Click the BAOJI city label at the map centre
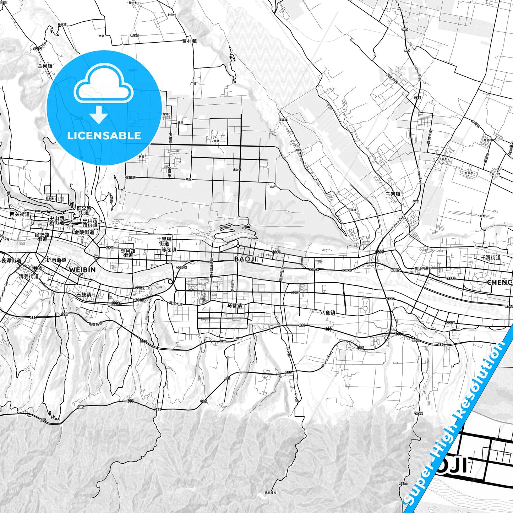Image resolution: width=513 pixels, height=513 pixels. (245, 259)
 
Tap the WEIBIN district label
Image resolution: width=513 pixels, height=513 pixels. (82, 270)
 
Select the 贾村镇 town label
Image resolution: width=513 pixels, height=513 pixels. (189, 41)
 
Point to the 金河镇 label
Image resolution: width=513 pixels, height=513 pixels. (45, 66)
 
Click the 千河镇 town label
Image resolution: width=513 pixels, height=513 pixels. (393, 194)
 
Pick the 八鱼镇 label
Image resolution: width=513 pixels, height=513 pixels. (328, 312)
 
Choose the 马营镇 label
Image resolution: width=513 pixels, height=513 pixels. (235, 305)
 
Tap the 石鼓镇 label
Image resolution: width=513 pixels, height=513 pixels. (84, 295)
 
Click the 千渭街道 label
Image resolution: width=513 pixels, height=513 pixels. (491, 257)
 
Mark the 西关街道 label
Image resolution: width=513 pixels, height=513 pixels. (20, 214)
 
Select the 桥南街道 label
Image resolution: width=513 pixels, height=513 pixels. (56, 260)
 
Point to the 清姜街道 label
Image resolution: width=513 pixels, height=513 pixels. (29, 276)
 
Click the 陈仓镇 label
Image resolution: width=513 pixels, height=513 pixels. (169, 250)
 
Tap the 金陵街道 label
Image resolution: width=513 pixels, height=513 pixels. (84, 232)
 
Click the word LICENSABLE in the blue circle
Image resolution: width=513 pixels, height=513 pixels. (104, 136)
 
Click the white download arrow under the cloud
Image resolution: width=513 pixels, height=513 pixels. (99, 114)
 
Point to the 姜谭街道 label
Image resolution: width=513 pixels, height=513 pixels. (11, 261)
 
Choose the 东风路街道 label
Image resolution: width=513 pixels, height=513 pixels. (128, 253)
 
